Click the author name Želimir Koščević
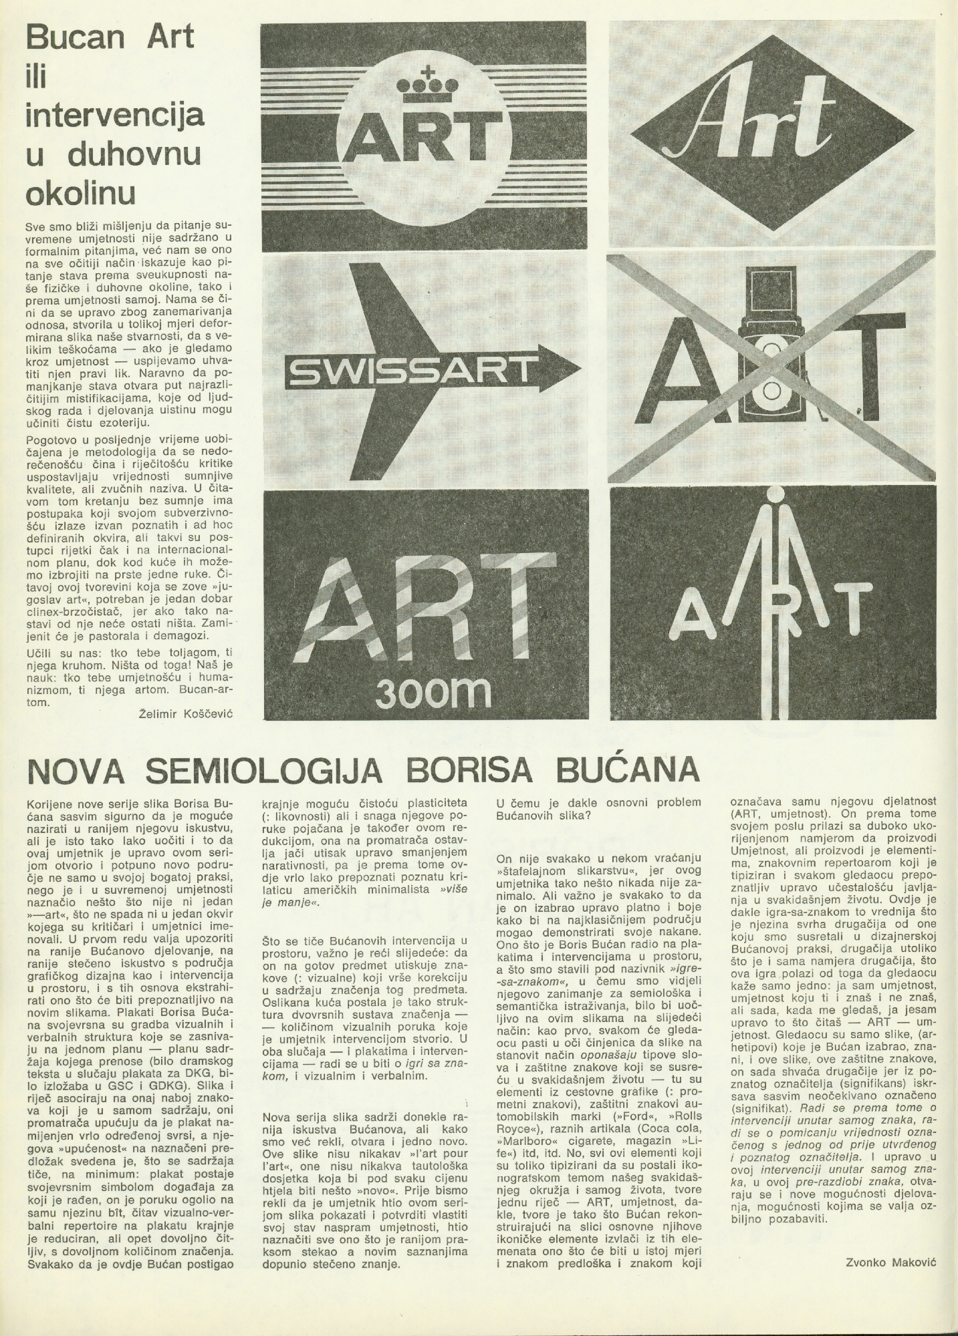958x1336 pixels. (187, 713)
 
